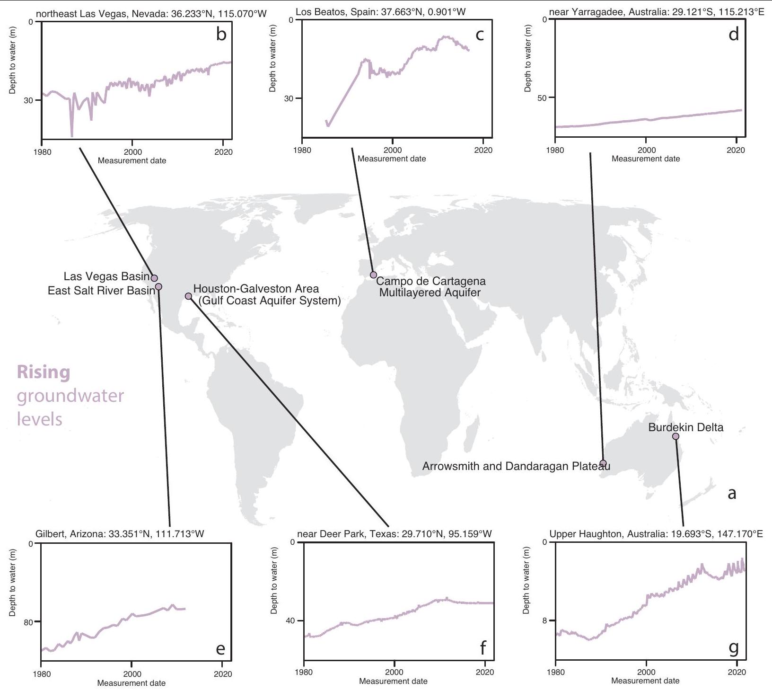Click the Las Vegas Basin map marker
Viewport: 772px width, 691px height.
(154, 278)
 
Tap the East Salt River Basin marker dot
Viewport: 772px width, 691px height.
(158, 286)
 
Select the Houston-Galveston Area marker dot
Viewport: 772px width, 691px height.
(188, 296)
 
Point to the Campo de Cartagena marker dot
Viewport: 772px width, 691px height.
(373, 275)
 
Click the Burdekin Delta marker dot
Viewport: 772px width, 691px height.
(675, 436)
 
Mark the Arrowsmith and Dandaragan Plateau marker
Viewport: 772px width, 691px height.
(603, 463)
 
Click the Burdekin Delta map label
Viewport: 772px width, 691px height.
(685, 427)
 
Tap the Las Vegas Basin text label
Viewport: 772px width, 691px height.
(106, 276)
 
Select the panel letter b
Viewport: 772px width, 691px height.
(221, 35)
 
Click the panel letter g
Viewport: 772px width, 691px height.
(734, 647)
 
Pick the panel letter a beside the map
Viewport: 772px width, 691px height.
(731, 494)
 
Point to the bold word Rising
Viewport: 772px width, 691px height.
(44, 372)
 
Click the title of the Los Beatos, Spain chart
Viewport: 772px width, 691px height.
(381, 12)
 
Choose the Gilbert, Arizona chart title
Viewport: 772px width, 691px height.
(120, 534)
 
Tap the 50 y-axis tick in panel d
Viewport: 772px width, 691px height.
(542, 98)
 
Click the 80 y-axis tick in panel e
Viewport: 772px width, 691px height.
(28, 622)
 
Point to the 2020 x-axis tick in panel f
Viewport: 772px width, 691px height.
(484, 672)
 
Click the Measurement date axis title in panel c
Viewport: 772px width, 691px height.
(392, 159)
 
